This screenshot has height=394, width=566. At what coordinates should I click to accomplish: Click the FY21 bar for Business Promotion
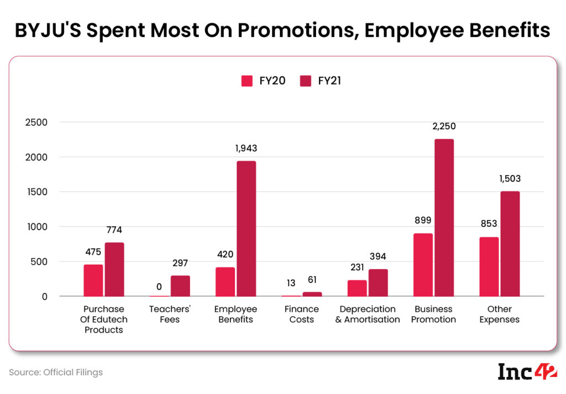(444, 218)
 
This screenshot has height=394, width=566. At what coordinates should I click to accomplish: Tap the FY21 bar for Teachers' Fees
(180, 286)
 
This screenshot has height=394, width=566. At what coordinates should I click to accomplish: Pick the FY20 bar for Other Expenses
(489, 267)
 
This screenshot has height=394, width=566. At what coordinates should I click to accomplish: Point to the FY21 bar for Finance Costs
(312, 294)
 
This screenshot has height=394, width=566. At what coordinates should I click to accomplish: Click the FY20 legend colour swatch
(247, 81)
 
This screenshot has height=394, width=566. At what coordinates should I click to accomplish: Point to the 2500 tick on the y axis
(37, 123)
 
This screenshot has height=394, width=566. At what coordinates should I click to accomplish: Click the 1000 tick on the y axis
(37, 227)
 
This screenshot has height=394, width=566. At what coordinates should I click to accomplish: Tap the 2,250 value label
(444, 127)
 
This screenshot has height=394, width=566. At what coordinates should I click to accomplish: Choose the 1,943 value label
(246, 148)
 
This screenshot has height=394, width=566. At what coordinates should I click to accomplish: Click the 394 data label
(378, 256)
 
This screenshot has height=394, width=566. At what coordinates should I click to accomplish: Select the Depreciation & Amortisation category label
(368, 314)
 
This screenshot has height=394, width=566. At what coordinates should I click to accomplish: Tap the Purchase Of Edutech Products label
(104, 319)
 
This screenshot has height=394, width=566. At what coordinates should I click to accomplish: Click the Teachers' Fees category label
(170, 314)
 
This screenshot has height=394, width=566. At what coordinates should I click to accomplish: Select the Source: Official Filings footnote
(56, 372)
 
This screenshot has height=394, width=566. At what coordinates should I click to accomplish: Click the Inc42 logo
(527, 372)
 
